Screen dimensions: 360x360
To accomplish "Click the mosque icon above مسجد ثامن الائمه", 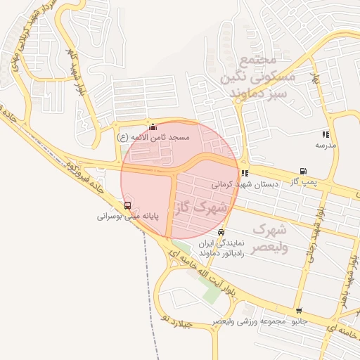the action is pyautogui.click(x=153, y=127).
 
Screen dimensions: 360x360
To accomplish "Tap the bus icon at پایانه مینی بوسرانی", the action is pyautogui.click(x=127, y=205).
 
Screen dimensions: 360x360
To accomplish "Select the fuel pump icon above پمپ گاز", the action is pyautogui.click(x=303, y=171).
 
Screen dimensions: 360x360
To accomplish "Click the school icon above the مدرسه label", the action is pyautogui.click(x=325, y=134).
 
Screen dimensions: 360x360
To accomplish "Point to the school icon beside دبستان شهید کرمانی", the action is pyautogui.click(x=244, y=173).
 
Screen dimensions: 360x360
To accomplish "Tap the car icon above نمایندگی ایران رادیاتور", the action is pyautogui.click(x=221, y=231).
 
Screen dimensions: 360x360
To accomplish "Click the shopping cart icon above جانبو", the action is pyautogui.click(x=299, y=311).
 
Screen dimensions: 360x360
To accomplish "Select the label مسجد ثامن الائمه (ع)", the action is pyautogui.click(x=153, y=138).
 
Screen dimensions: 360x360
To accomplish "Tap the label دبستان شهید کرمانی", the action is pyautogui.click(x=246, y=184).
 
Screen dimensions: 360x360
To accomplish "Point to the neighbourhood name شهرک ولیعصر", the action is pyautogui.click(x=268, y=238).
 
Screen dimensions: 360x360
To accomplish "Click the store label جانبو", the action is pyautogui.click(x=300, y=321).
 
